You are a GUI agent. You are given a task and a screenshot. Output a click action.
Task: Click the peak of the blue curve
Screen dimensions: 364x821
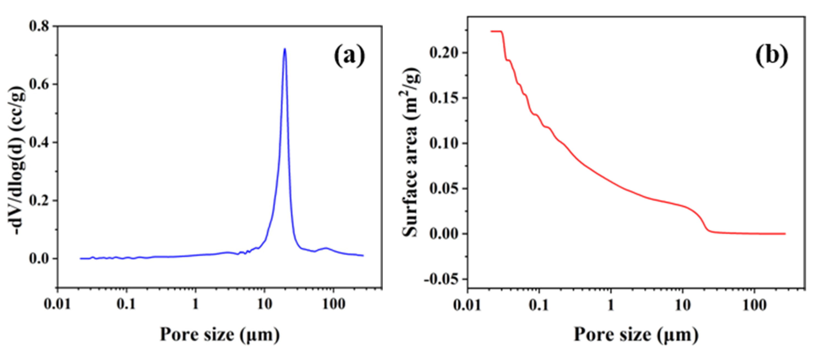(x=285, y=49)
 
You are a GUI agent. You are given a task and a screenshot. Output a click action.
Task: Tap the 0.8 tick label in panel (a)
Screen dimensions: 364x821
(x=39, y=26)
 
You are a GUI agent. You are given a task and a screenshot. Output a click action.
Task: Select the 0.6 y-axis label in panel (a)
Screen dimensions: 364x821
(x=39, y=84)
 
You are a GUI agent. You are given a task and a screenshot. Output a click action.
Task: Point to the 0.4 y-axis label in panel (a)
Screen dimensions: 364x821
(x=39, y=142)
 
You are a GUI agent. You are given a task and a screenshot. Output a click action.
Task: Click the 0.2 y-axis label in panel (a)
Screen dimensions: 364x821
(x=39, y=201)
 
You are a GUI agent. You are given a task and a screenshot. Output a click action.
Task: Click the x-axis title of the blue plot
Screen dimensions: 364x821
(x=220, y=335)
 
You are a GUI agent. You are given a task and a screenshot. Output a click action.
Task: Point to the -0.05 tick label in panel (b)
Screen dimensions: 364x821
(x=442, y=279)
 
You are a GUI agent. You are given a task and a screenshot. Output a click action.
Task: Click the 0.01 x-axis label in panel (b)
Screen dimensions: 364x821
(x=467, y=305)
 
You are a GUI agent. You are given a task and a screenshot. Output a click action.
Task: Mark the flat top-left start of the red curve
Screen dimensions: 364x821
(x=496, y=31)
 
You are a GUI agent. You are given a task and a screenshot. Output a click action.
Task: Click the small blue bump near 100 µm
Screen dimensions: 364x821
(x=326, y=248)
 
